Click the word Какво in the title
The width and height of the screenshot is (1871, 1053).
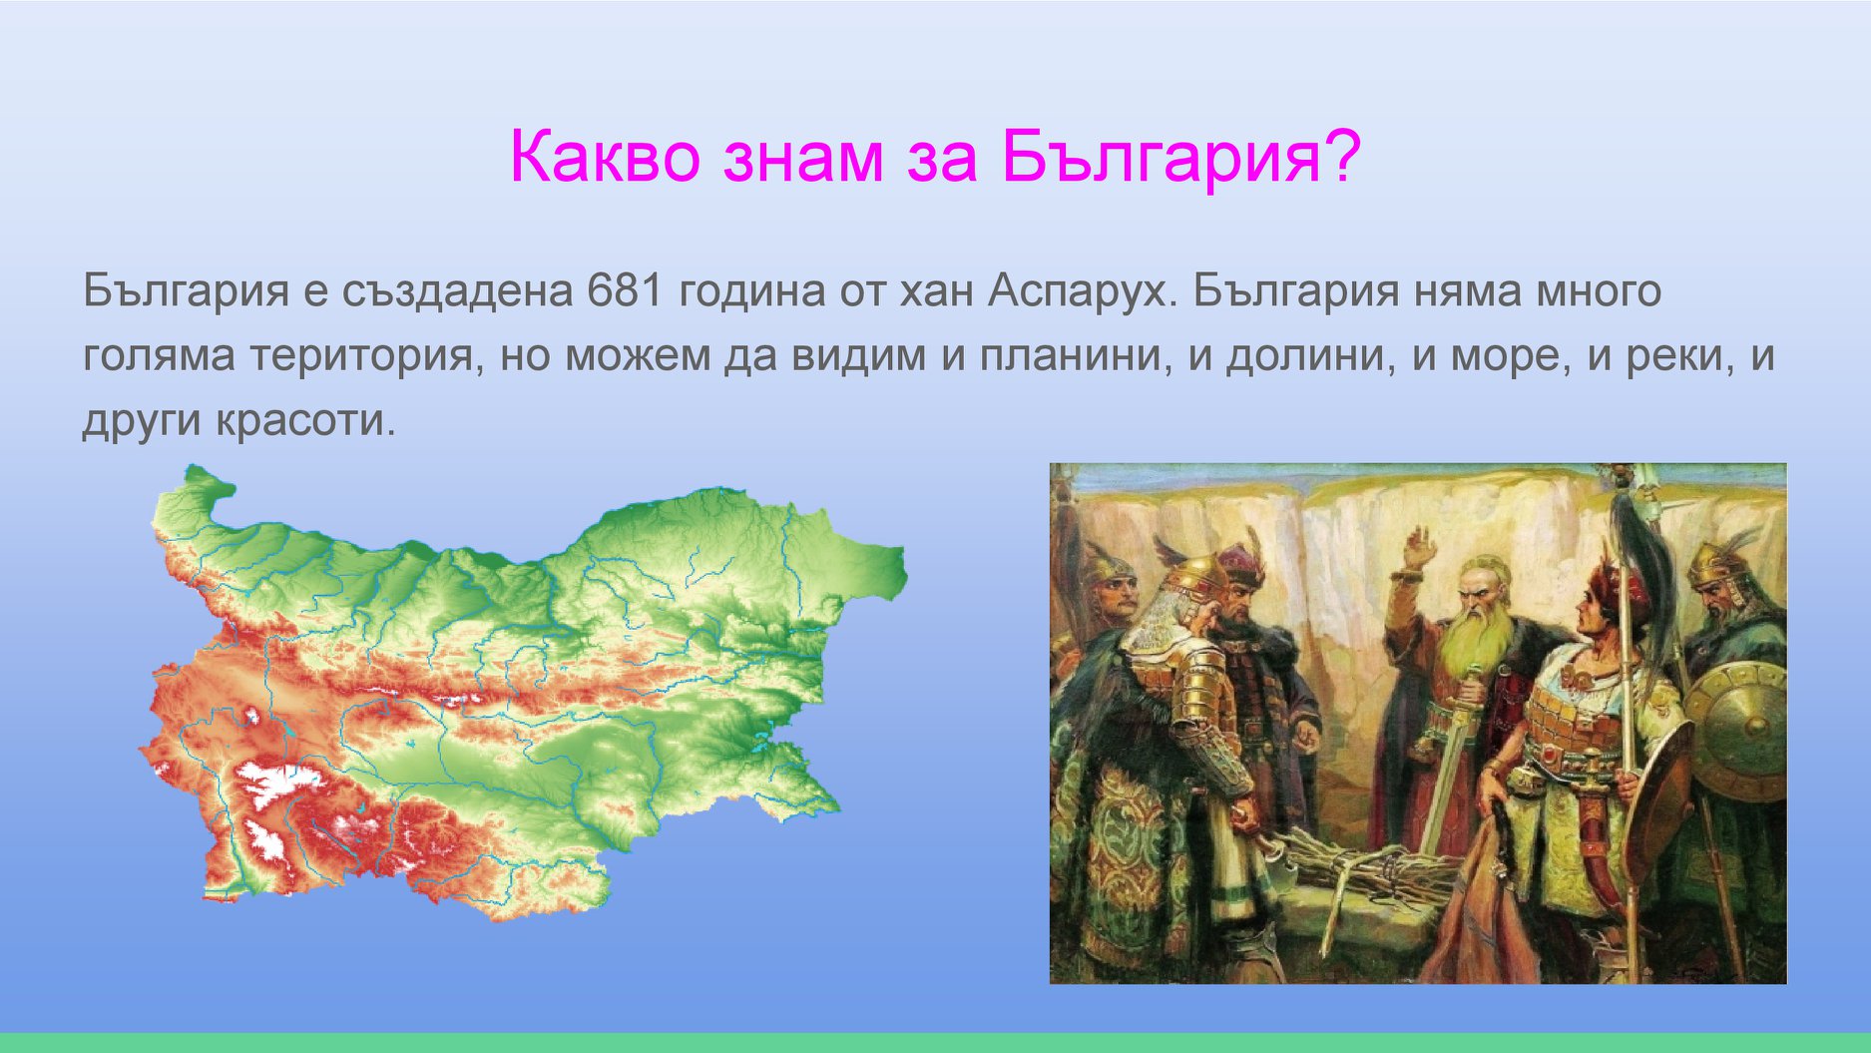(x=605, y=157)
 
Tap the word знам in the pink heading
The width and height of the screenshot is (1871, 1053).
(x=803, y=159)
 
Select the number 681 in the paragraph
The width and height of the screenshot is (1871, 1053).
(x=625, y=290)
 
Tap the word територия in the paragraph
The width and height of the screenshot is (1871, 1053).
(x=366, y=356)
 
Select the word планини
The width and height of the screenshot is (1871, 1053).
(x=1075, y=356)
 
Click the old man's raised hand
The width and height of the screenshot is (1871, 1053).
(x=1418, y=549)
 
